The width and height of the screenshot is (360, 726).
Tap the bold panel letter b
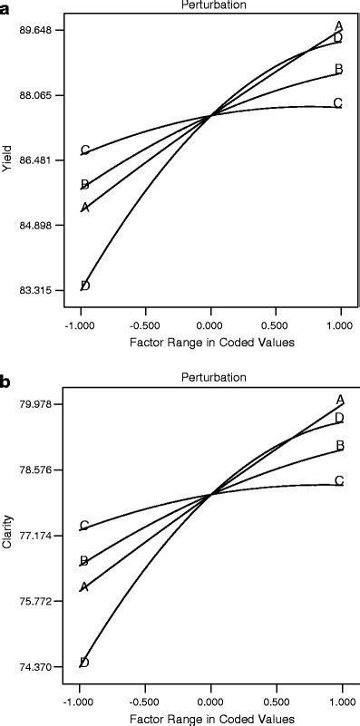click(x=6, y=382)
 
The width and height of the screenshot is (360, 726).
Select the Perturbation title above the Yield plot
click(x=209, y=5)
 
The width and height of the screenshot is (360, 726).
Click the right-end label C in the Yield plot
click(x=338, y=103)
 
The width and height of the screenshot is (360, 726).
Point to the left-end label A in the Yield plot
click(x=85, y=208)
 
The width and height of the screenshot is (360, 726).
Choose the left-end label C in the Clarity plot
click(x=84, y=526)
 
